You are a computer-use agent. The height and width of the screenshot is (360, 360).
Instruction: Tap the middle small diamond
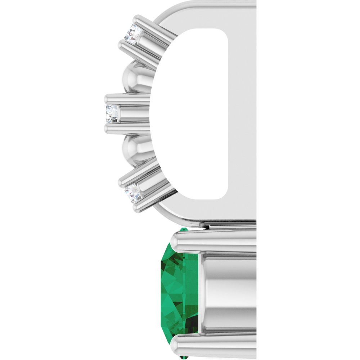click(x=112, y=114)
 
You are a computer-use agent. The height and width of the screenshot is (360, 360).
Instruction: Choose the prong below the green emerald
click(x=212, y=346)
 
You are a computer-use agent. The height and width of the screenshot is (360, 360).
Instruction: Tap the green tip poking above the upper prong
click(x=184, y=229)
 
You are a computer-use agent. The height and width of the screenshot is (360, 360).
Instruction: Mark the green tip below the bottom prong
click(x=184, y=357)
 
